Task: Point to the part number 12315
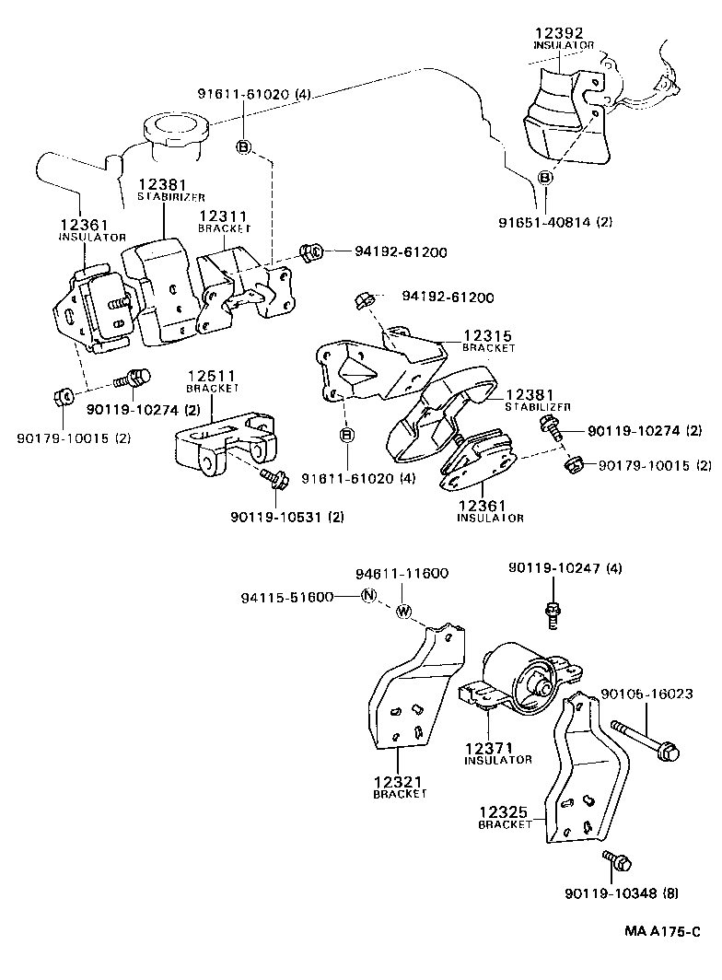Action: [x=487, y=337]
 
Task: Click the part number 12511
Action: [x=213, y=376]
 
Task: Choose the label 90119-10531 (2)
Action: [x=286, y=517]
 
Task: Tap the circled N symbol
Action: [x=367, y=596]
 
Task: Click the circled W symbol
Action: [x=402, y=611]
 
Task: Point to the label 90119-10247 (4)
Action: [x=564, y=568]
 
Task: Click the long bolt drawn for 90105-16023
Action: [x=648, y=740]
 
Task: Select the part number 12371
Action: [x=488, y=747]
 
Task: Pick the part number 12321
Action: [x=398, y=781]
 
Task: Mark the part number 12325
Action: [x=503, y=812]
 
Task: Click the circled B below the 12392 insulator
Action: [x=545, y=178]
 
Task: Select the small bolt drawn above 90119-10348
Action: [x=616, y=862]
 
